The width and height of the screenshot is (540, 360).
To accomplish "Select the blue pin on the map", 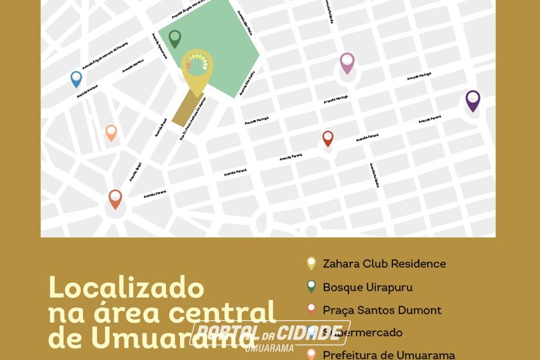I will coord(76,78).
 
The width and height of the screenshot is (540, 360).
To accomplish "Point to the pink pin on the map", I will coord(347,62).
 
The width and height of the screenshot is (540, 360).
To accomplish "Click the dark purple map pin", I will coord(473,100).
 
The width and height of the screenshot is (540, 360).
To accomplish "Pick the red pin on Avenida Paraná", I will coord(328,138).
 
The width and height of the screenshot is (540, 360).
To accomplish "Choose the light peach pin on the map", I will coord(111,132).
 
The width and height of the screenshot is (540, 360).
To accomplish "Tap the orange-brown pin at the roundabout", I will coord(115,198).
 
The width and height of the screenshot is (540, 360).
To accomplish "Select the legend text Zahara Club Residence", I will coord(384,264).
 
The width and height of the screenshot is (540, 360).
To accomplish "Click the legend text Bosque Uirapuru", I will coord(368,287).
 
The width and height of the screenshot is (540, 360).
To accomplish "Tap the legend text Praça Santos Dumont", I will coord(382,310).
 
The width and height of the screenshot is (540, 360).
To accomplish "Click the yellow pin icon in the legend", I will coord(311,263).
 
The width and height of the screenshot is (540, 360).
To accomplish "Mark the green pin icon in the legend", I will coord(311,287).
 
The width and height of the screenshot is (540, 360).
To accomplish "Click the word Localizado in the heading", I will coord(126,288).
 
